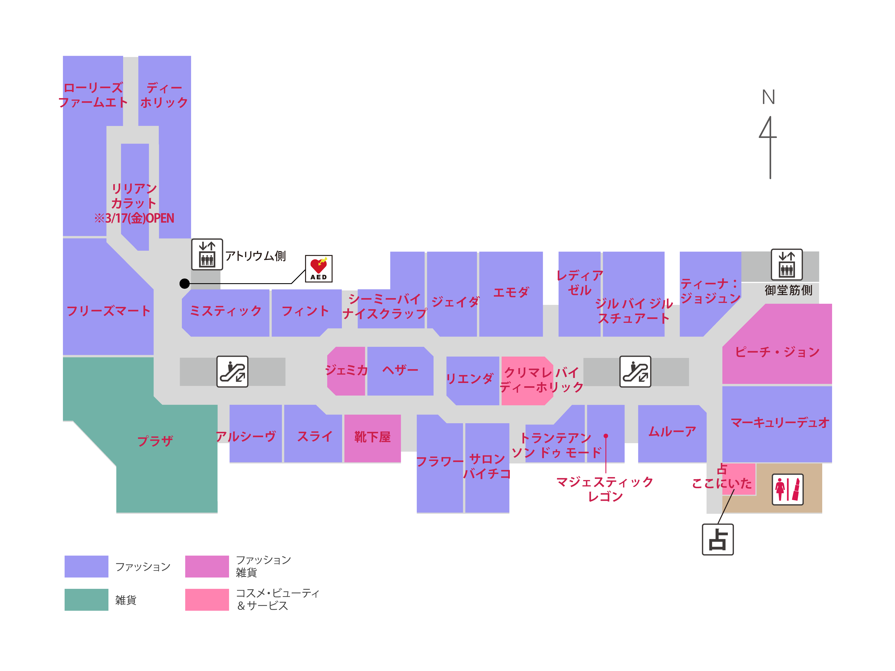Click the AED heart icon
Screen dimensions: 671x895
(x=318, y=268)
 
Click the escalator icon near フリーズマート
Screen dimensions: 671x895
(x=232, y=371)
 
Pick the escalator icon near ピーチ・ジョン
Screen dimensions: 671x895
(x=635, y=371)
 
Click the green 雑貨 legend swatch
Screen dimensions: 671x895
(x=86, y=599)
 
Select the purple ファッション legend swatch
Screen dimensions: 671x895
(x=86, y=566)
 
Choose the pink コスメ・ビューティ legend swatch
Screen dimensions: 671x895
(x=207, y=599)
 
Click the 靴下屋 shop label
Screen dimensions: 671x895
(x=372, y=437)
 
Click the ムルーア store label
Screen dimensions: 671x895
(x=672, y=432)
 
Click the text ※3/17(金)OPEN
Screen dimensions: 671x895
(x=134, y=218)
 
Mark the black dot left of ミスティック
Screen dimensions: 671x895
(x=185, y=284)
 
